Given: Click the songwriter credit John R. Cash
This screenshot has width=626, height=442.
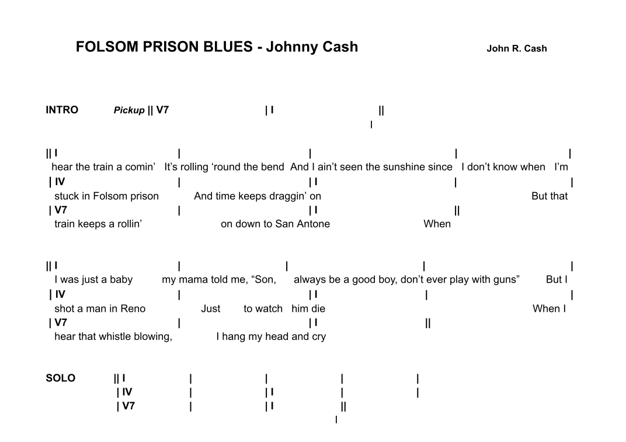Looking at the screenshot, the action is (x=516, y=48).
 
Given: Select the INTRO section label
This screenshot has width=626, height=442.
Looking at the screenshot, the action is (x=62, y=110).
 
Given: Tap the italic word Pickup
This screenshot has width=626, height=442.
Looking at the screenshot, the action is (x=129, y=110).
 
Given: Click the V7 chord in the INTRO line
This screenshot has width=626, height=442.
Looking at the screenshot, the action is (x=162, y=110).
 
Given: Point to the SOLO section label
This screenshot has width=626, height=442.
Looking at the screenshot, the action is (x=61, y=378).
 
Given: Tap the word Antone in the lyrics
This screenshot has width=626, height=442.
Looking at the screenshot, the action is (x=313, y=224).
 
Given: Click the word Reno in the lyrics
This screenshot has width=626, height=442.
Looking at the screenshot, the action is (x=133, y=309).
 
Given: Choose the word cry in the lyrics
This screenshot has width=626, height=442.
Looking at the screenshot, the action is (x=318, y=336).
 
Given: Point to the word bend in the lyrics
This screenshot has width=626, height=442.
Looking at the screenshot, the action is (x=273, y=167).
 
